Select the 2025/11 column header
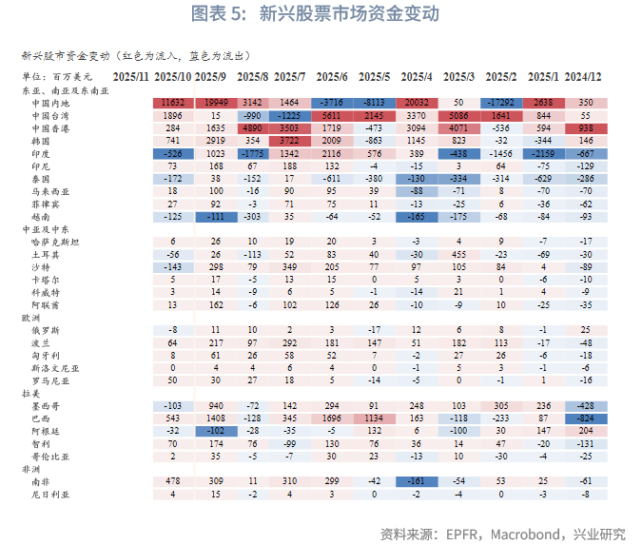click(131, 75)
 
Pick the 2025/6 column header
click(331, 75)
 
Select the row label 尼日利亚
click(49, 494)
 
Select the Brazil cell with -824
click(586, 418)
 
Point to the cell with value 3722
click(291, 140)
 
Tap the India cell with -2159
click(543, 152)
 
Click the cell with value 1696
click(331, 418)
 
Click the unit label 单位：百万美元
click(56, 75)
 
